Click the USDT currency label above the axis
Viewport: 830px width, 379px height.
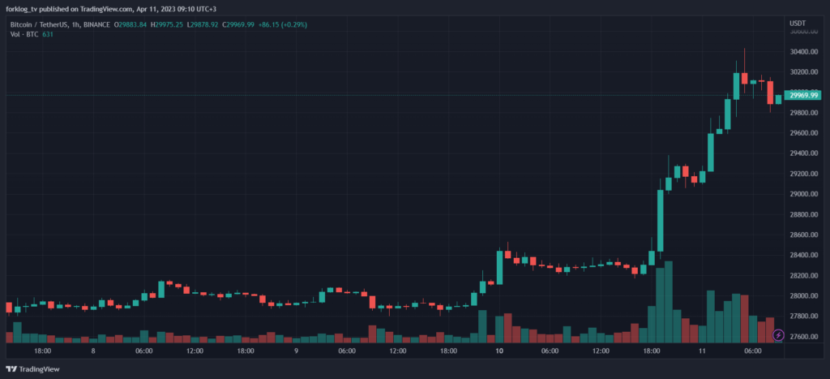pyautogui.click(x=799, y=24)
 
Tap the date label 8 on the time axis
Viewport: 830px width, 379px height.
pyautogui.click(x=94, y=351)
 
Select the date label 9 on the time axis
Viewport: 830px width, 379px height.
pyautogui.click(x=297, y=351)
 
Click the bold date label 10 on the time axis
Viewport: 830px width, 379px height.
pyautogui.click(x=499, y=351)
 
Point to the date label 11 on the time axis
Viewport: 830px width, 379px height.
pyautogui.click(x=702, y=351)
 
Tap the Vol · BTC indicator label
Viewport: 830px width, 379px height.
pyautogui.click(x=24, y=35)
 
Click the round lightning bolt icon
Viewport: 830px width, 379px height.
pyautogui.click(x=778, y=334)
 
